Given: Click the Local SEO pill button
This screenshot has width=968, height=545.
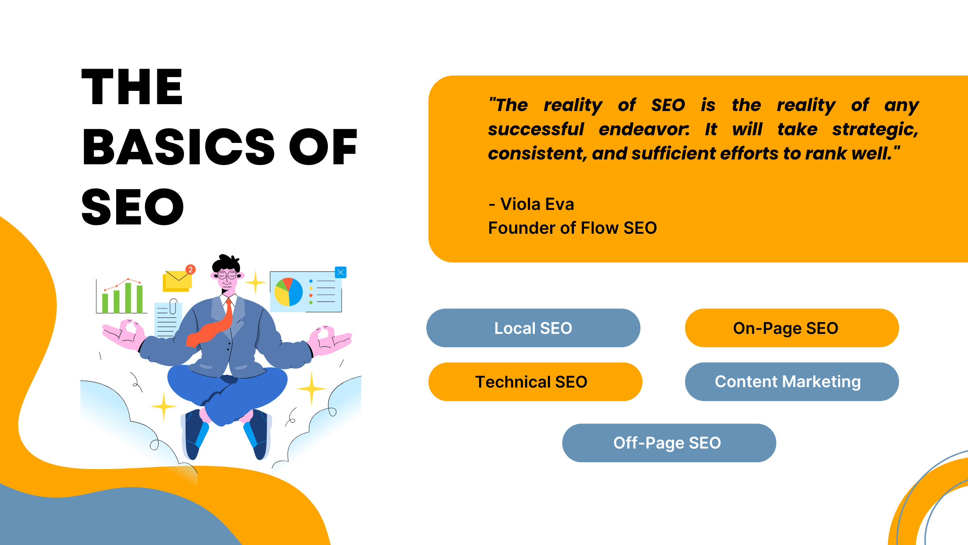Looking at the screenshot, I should (x=533, y=328).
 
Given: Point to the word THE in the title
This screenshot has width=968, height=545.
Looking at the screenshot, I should (x=132, y=87).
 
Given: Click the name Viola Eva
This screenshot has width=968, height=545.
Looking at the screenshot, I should (x=536, y=204).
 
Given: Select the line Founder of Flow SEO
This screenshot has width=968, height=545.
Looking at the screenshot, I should (x=572, y=228).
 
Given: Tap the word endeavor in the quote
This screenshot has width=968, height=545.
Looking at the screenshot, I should (x=644, y=130).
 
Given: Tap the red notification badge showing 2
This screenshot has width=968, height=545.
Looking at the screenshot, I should (x=190, y=269).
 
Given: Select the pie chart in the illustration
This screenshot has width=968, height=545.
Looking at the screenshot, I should (x=288, y=292).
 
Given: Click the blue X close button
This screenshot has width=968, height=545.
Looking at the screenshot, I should (x=340, y=272).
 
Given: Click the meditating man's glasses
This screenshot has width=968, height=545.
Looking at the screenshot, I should (x=227, y=276).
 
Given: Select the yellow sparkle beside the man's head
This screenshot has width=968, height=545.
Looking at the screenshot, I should (x=255, y=282).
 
